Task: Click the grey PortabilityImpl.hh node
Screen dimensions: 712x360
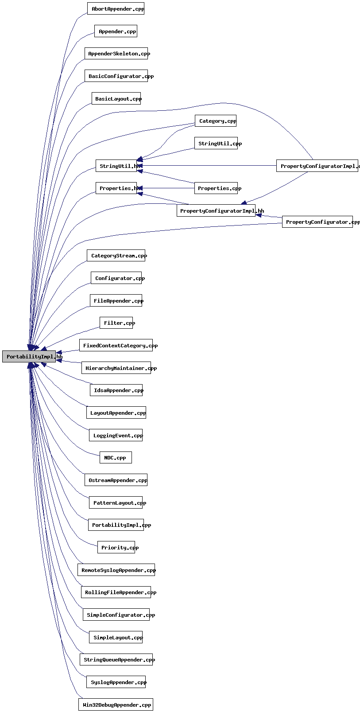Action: (29, 356)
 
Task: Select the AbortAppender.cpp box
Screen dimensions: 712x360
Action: (116, 9)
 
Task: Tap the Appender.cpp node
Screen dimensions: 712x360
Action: (116, 31)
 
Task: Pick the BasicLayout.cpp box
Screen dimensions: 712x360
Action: (116, 98)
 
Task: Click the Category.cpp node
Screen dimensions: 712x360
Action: (216, 121)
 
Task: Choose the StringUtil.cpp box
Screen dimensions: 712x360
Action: (216, 143)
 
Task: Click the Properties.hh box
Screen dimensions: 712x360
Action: (116, 188)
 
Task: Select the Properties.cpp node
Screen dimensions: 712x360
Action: (216, 188)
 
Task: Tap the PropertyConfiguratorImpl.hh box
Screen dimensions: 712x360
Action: (216, 210)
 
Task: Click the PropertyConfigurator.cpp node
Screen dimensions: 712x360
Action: (317, 222)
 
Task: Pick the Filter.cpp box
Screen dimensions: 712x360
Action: (116, 323)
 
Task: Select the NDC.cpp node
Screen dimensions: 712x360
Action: (116, 457)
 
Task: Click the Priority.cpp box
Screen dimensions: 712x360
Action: (116, 547)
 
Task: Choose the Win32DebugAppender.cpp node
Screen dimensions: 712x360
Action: (116, 704)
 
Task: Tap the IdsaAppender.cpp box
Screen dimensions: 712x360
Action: (116, 390)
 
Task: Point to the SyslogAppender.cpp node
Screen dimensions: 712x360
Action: (116, 682)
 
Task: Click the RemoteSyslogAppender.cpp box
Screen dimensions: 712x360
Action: (116, 570)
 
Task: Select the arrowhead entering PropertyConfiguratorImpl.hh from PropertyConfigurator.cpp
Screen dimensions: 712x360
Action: (259, 215)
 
